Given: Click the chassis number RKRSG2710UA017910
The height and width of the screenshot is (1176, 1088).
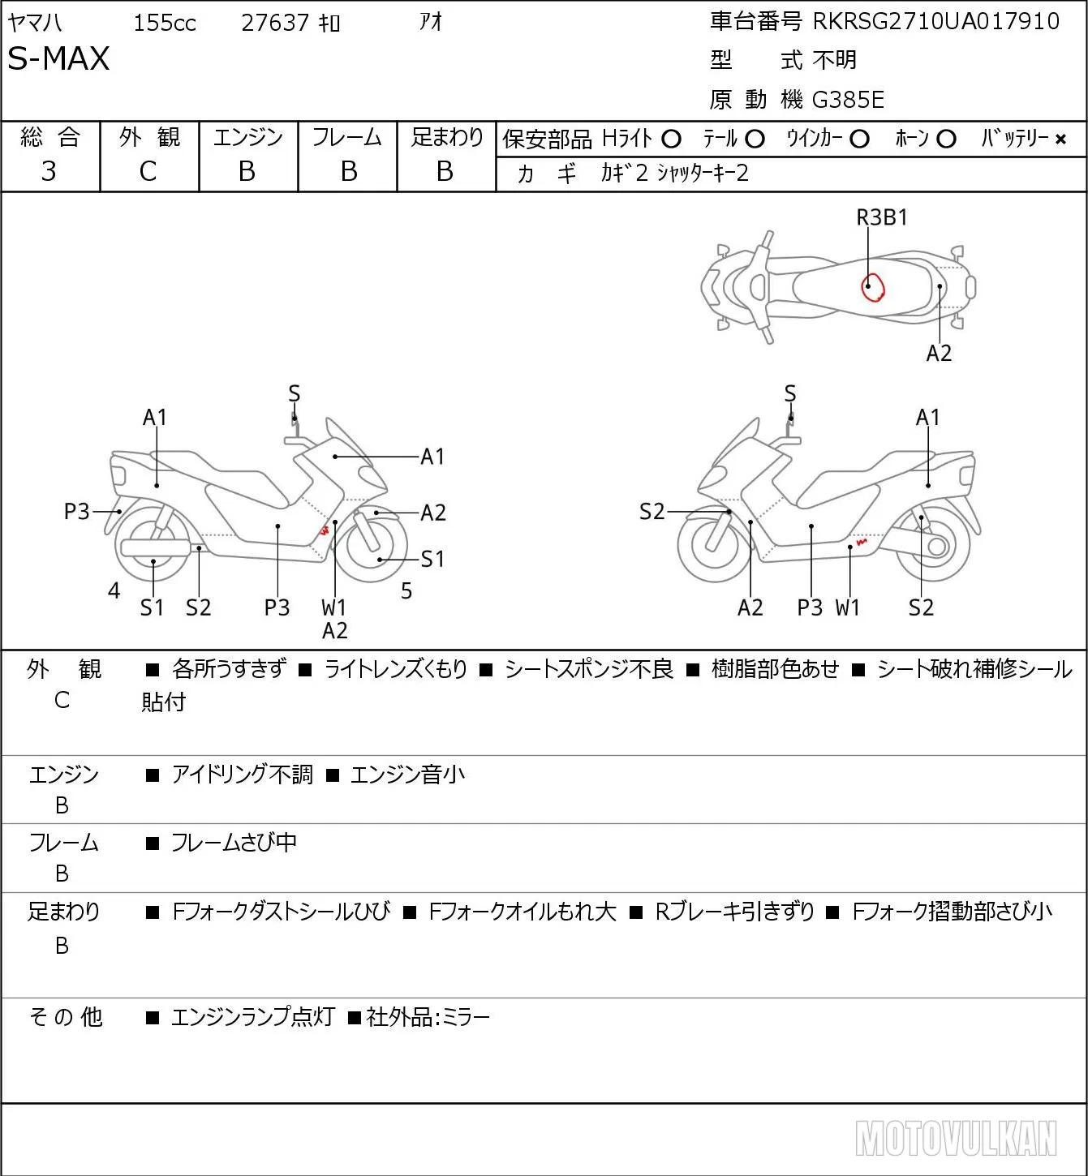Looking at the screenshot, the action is click(x=935, y=21).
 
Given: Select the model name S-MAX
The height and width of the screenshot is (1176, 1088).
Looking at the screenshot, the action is click(x=58, y=58).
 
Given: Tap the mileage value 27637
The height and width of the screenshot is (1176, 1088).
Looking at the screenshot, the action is click(x=275, y=23).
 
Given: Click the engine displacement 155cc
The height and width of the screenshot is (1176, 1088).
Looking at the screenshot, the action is click(x=165, y=23).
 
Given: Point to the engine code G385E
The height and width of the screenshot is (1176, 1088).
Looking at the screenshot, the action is click(x=848, y=100).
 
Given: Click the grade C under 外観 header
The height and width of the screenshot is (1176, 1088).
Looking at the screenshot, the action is click(x=148, y=171).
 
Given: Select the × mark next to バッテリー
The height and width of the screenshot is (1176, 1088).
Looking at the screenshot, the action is click(x=1060, y=139).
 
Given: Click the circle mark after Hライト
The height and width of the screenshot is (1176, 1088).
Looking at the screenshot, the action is click(x=671, y=139).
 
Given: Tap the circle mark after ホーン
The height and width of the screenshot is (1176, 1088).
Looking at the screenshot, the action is click(x=946, y=139).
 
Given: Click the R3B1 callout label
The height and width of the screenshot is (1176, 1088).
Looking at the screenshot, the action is click(x=882, y=217).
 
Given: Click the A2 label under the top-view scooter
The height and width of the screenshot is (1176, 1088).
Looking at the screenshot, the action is click(x=939, y=353).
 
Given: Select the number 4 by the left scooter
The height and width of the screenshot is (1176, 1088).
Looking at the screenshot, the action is click(x=114, y=590).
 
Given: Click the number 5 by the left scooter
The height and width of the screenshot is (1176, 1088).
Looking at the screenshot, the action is click(x=406, y=590).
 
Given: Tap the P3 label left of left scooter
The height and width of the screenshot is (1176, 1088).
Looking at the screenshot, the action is click(x=76, y=511).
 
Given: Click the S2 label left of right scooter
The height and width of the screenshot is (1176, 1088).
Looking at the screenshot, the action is click(x=652, y=511).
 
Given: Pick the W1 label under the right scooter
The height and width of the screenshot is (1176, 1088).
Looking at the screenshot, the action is click(x=847, y=607).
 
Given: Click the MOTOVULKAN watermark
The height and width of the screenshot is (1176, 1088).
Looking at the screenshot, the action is click(x=956, y=1138).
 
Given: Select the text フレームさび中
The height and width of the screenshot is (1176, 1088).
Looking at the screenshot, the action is click(x=234, y=842).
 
